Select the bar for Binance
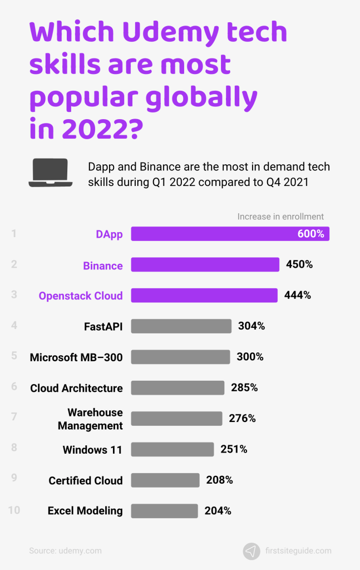[205, 265]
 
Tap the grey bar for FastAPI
[181, 326]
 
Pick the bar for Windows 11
[172, 449]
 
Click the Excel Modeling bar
[164, 510]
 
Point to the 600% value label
[310, 234]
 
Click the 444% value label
[297, 296]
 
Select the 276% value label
[242, 418]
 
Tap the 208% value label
[219, 480]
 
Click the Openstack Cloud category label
[81, 296]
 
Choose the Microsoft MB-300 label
[76, 357]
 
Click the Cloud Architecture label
[76, 388]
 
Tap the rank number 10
[14, 510]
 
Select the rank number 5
[14, 356]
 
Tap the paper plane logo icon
[251, 551]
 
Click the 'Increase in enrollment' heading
[280, 217]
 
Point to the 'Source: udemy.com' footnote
[65, 551]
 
